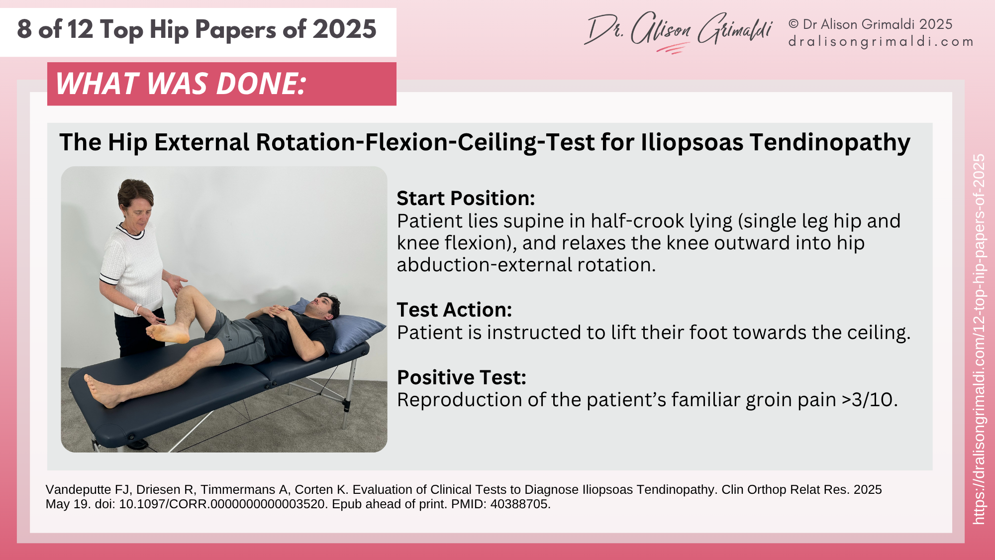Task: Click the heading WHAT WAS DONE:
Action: pyautogui.click(x=181, y=83)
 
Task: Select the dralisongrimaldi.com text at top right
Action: pyautogui.click(x=881, y=41)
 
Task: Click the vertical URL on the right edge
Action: pyautogui.click(x=979, y=338)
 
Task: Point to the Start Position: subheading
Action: pyautogui.click(x=466, y=198)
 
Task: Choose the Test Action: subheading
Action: pyautogui.click(x=454, y=310)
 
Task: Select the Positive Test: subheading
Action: pyautogui.click(x=461, y=377)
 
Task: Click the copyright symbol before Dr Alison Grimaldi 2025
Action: pyautogui.click(x=794, y=24)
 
